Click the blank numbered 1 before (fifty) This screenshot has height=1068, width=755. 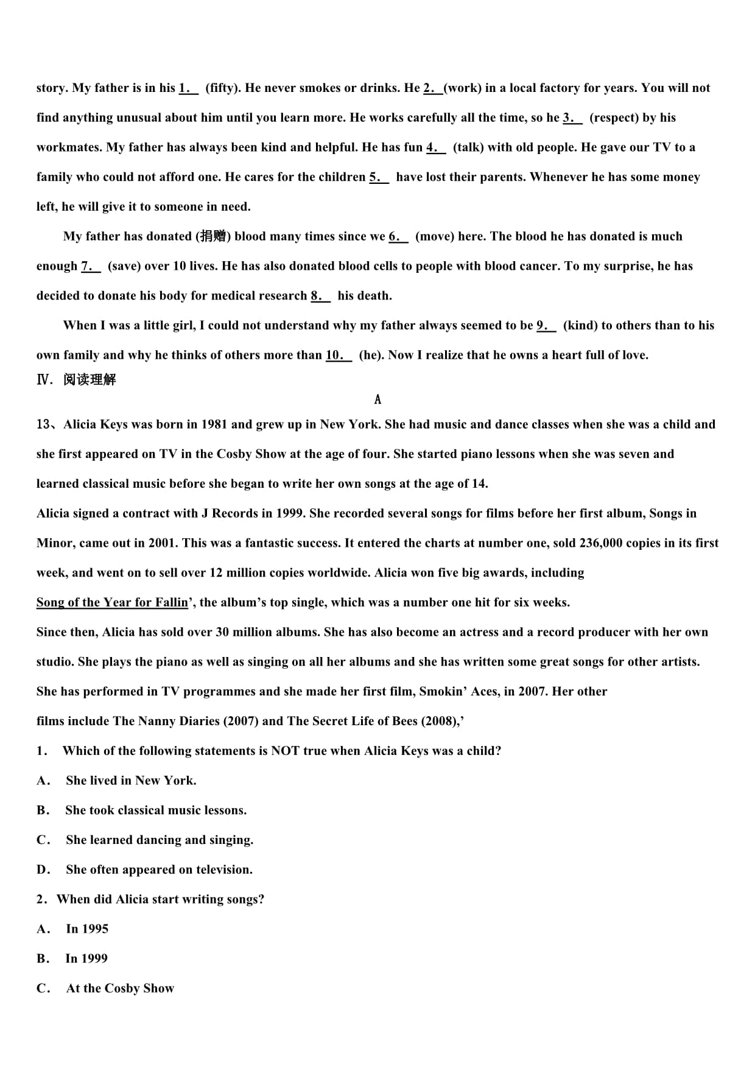[x=188, y=88]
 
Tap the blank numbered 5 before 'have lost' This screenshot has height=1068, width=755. [x=379, y=177]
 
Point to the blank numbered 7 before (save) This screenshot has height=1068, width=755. [x=91, y=266]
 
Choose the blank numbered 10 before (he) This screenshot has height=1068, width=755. [x=339, y=355]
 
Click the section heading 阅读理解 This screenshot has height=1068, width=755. [x=90, y=380]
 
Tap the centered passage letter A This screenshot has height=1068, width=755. [x=377, y=399]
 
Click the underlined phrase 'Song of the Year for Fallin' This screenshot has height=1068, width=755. [x=112, y=602]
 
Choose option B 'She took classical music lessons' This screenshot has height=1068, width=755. [x=156, y=810]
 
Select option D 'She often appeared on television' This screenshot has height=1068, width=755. [x=159, y=870]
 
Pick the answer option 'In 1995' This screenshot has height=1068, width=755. [x=87, y=929]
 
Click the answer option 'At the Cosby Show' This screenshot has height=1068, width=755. [x=120, y=988]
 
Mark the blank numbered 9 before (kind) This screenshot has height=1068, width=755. [x=546, y=326]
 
